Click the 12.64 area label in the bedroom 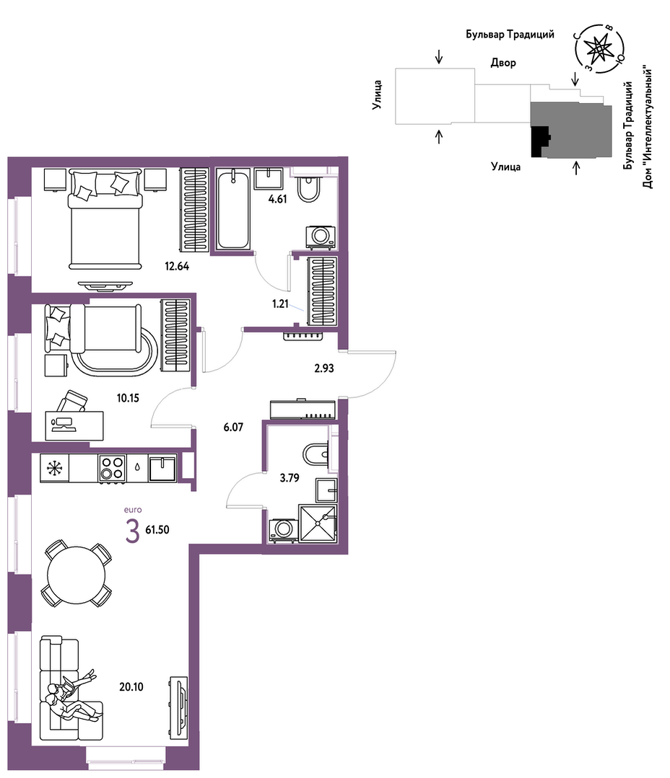pos(177,267)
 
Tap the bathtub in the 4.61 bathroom pos(232,209)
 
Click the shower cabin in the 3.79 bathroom pos(318,523)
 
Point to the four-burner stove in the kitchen pos(112,468)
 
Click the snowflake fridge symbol pos(54,469)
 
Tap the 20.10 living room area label pos(131,686)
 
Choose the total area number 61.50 pos(157,529)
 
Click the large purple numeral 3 pos(133,531)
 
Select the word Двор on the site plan pos(503,63)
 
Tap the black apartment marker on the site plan pos(540,141)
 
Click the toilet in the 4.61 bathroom pos(308,188)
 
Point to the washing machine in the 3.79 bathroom pos(284,530)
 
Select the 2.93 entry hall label pos(324,368)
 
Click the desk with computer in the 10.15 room pos(74,425)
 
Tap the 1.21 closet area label pos(280,304)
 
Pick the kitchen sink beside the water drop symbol pos(163,469)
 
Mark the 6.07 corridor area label pos(233,427)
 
